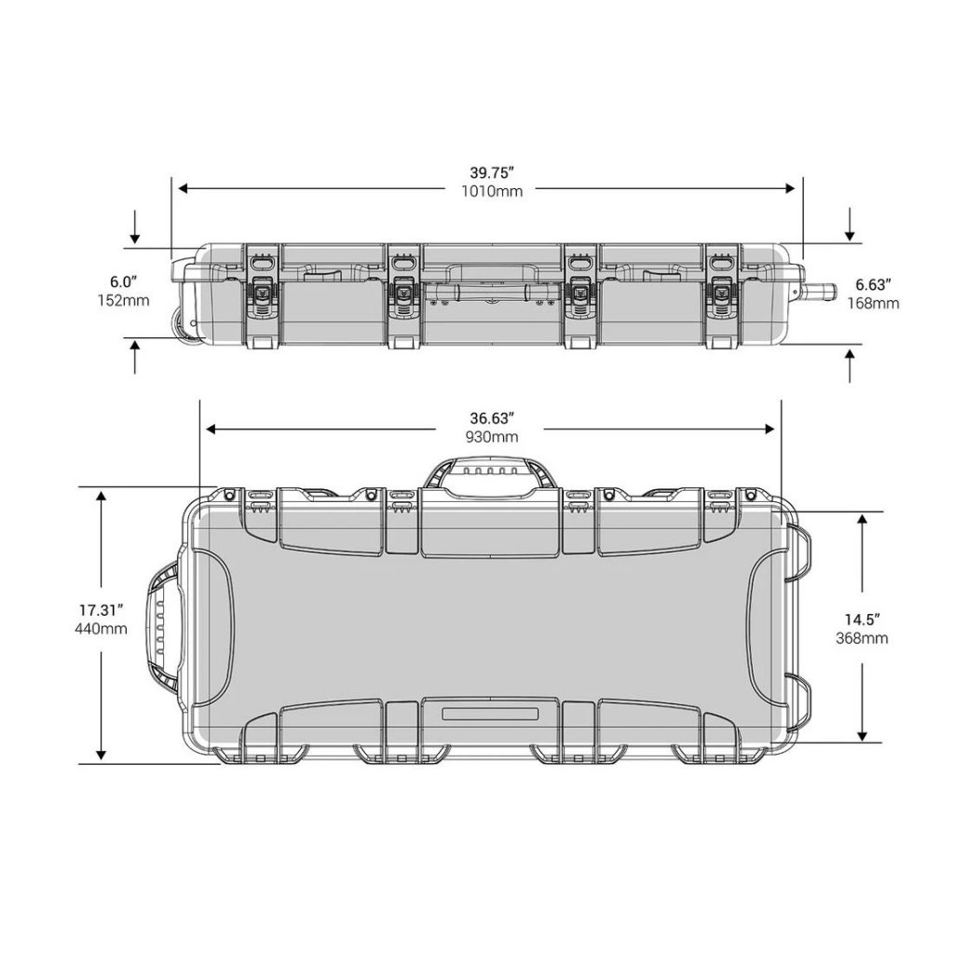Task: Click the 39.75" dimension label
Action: click(x=492, y=172)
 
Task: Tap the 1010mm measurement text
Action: click(x=492, y=191)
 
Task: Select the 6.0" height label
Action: click(x=124, y=281)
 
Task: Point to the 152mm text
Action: click(x=124, y=301)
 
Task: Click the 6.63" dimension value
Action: click(x=873, y=284)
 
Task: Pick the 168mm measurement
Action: click(x=873, y=303)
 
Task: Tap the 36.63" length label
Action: click(x=492, y=418)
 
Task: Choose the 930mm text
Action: click(x=492, y=437)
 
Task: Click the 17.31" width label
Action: click(x=101, y=609)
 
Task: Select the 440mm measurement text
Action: click(x=101, y=629)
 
